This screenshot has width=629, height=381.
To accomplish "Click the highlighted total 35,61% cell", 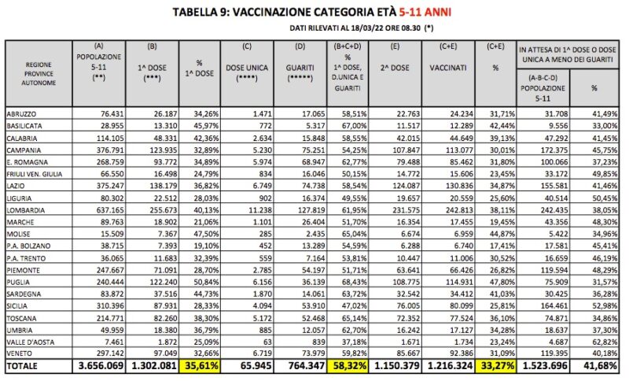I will coord(203,365).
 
